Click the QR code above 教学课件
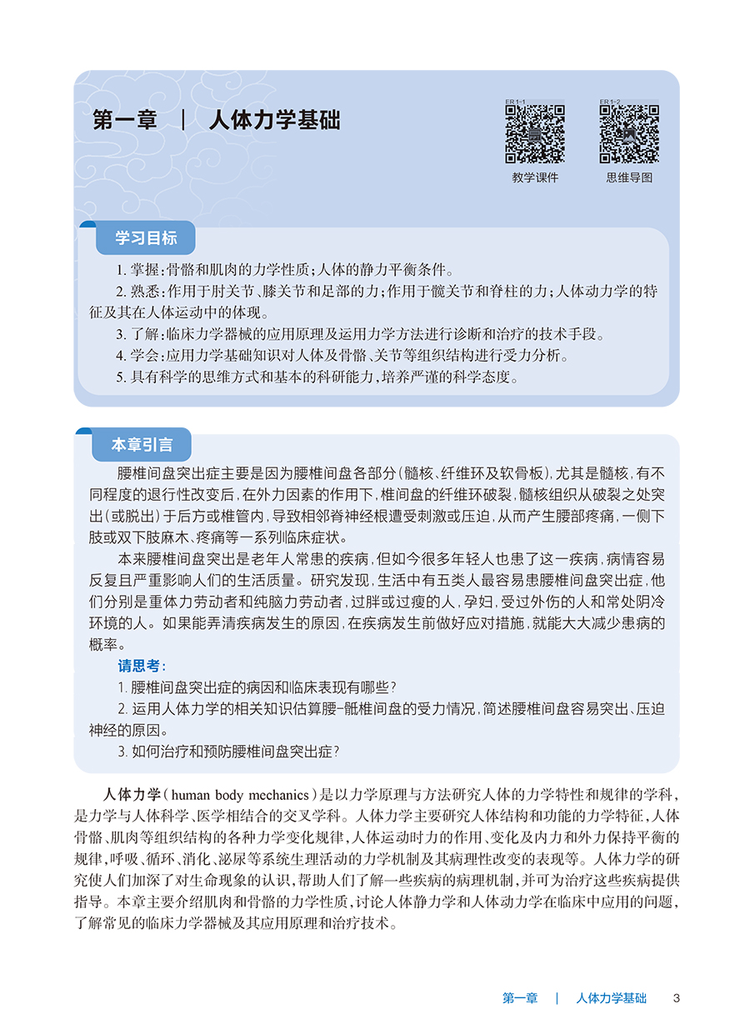(535, 133)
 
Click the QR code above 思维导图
(629, 133)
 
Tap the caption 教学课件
(535, 177)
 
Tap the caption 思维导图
(629, 177)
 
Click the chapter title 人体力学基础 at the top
(274, 120)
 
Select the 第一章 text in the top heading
(125, 120)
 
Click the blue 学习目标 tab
(146, 238)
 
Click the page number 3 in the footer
(677, 998)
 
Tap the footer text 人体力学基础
(611, 998)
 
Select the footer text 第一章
(520, 998)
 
